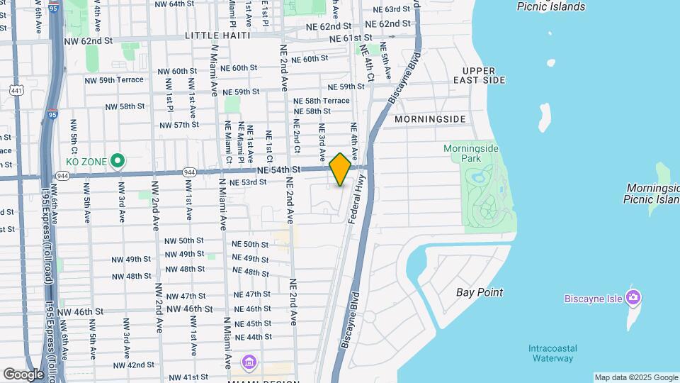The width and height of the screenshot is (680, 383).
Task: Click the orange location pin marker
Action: [340, 170]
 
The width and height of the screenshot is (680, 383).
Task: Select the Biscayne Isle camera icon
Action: [634, 298]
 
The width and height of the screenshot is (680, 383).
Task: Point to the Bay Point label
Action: [480, 292]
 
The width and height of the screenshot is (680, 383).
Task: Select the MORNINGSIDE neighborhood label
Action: [430, 118]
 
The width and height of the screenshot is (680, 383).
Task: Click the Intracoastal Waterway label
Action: [552, 353]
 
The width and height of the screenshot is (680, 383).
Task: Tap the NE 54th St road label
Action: [280, 170]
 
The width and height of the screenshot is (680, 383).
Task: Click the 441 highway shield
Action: [16, 90]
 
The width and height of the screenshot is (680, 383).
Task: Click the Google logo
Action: [23, 374]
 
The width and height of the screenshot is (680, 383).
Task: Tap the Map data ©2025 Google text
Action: [635, 377]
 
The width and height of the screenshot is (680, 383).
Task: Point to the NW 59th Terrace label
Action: [121, 80]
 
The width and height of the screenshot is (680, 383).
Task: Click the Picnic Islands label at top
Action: [551, 6]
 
